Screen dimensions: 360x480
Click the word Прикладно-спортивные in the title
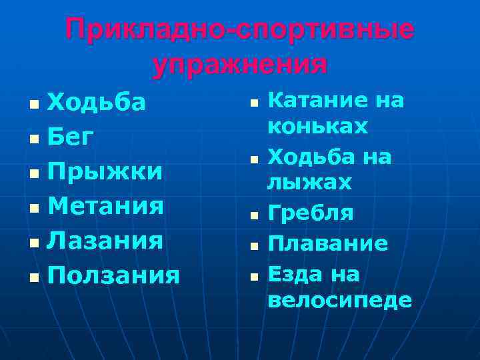pyautogui.click(x=239, y=31)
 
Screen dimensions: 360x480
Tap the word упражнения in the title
pyautogui.click(x=240, y=65)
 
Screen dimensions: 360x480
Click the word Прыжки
pyautogui.click(x=105, y=171)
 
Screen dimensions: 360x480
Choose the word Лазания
pyautogui.click(x=105, y=240)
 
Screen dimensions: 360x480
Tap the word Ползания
pyautogui.click(x=114, y=275)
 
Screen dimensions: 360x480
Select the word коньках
pyautogui.click(x=317, y=126)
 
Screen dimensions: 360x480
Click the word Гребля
pyautogui.click(x=311, y=213)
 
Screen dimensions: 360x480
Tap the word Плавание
pyautogui.click(x=327, y=244)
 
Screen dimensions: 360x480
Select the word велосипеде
pyautogui.click(x=339, y=300)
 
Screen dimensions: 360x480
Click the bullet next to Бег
pyautogui.click(x=33, y=139)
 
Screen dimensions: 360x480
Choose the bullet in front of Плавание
pyautogui.click(x=254, y=246)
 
